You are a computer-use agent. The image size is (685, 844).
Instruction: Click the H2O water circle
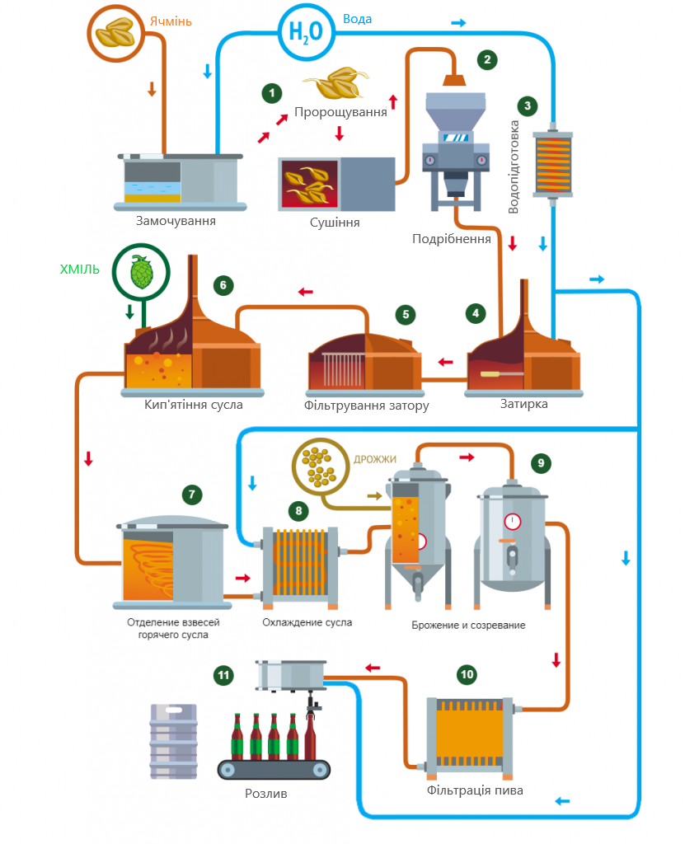[x=306, y=32]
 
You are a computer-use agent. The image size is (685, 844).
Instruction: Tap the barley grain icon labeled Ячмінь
[x=115, y=33]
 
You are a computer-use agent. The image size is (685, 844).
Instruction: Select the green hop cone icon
[x=142, y=272]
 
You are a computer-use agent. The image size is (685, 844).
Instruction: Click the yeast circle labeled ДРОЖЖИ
[x=321, y=467]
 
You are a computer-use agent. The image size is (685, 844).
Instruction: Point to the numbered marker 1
[x=272, y=93]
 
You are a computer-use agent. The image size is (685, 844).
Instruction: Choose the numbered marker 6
[x=223, y=285]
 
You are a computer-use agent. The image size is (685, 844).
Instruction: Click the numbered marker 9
[x=541, y=463]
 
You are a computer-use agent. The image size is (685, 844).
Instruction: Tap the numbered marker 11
[x=223, y=675]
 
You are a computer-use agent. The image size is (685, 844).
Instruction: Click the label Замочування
[x=176, y=221]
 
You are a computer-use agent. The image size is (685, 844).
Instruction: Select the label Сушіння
[x=335, y=223]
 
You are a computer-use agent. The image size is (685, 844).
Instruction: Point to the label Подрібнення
[x=451, y=239]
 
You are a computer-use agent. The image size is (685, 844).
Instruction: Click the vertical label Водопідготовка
[x=514, y=166]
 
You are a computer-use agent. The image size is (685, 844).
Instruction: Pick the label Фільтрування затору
[x=366, y=406]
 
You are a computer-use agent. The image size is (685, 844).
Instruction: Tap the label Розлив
[x=266, y=794]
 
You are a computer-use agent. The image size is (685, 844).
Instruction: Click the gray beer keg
[x=173, y=742]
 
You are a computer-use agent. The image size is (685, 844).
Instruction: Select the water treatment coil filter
[x=552, y=164]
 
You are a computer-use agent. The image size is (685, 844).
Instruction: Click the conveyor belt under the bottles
[x=274, y=770]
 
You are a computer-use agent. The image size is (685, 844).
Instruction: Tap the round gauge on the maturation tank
[x=512, y=522]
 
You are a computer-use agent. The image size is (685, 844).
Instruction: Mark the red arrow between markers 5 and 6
[x=305, y=293]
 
